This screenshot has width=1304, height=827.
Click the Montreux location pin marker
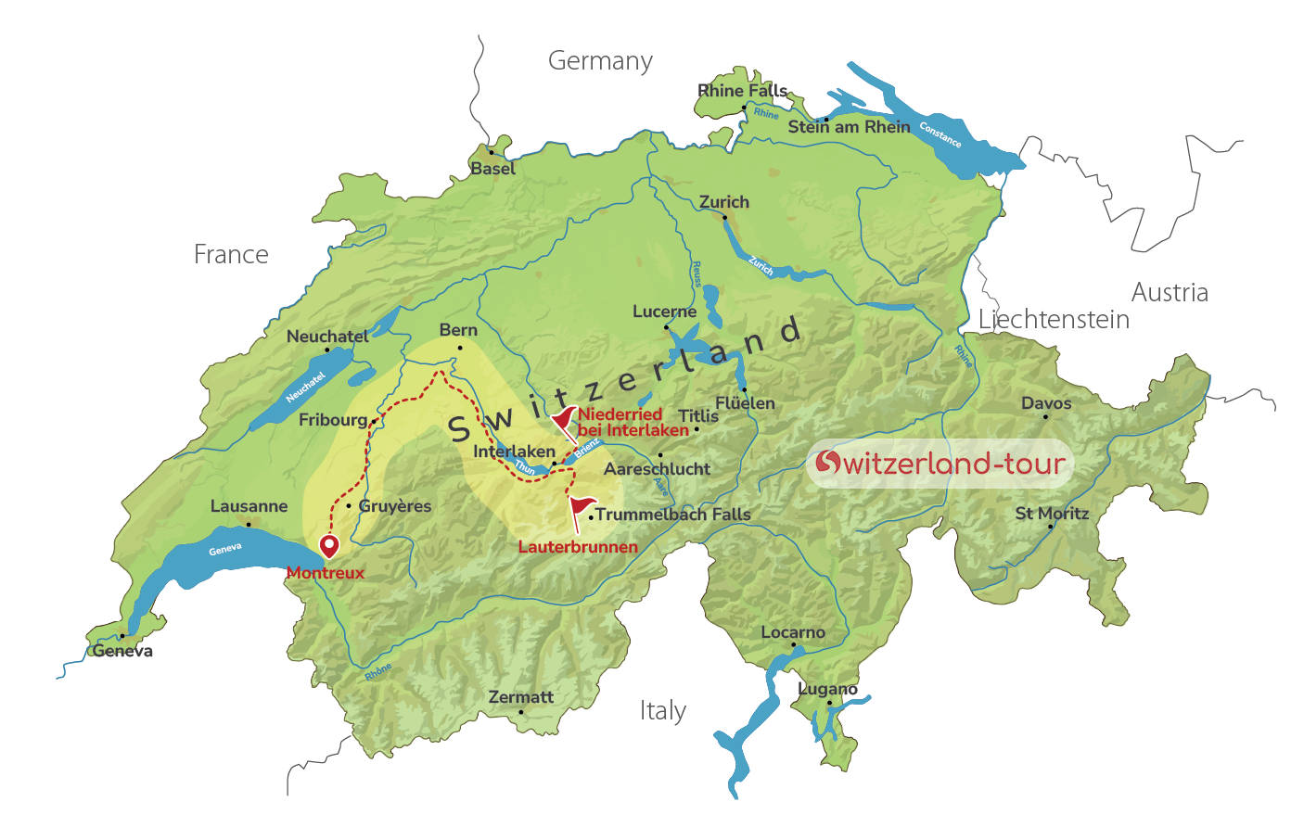tap(329, 546)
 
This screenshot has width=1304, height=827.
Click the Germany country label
tap(600, 61)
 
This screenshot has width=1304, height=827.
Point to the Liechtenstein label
tap(1054, 320)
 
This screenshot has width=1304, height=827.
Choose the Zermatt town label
tap(520, 697)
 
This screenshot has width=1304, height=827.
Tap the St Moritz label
tap(1052, 514)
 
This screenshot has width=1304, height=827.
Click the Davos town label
tap(1046, 403)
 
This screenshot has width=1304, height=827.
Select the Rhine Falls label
tap(742, 91)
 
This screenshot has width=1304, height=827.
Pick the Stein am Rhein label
tap(849, 127)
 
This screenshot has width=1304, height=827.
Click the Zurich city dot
tap(725, 218)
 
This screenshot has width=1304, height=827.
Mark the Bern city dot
tap(460, 349)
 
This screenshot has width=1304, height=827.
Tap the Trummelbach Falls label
tap(672, 515)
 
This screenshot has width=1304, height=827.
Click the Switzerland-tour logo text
tap(940, 463)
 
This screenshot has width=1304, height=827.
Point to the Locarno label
tap(792, 632)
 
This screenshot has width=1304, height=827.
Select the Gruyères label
tap(395, 506)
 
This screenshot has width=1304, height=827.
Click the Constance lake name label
tap(940, 135)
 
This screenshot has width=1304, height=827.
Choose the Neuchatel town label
tap(326, 337)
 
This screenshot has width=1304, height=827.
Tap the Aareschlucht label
tap(657, 469)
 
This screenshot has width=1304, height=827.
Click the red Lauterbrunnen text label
tap(578, 547)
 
